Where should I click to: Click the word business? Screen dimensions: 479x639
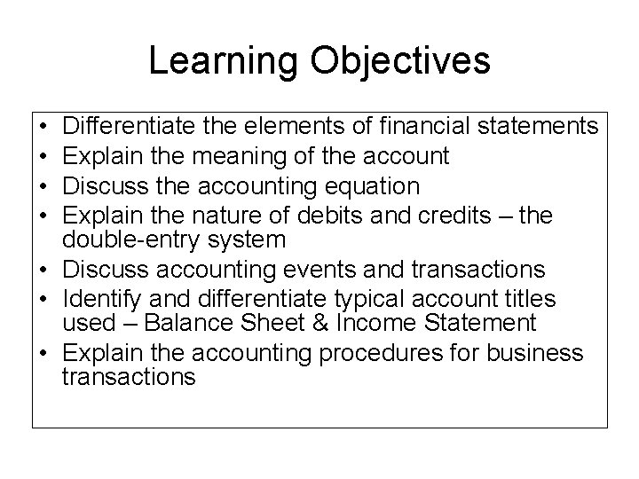click(532, 352)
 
